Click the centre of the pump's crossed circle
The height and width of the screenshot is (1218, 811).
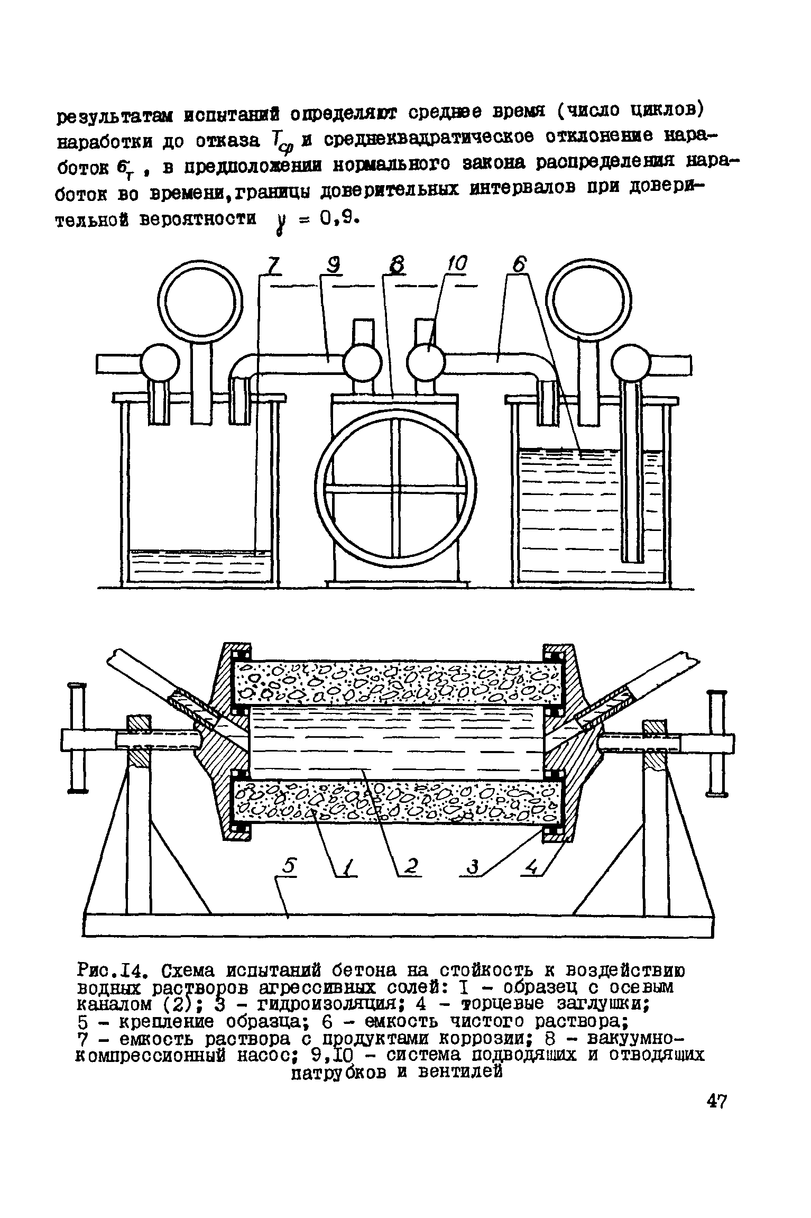pyautogui.click(x=397, y=491)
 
